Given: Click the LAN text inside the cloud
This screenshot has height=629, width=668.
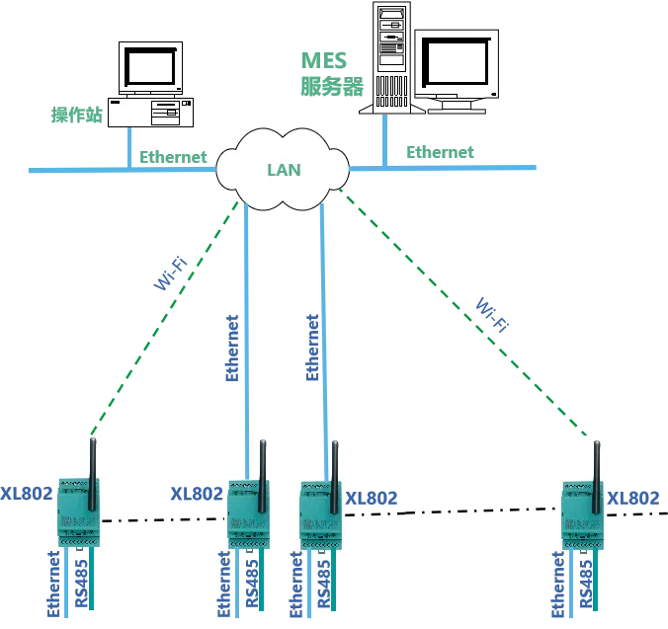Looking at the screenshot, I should pos(284,169).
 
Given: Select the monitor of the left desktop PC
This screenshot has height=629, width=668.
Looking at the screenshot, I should pos(149,68).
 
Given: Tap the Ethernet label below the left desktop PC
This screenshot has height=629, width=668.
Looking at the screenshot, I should pos(173,157).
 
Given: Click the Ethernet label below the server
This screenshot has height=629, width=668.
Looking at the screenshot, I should pos(438,151).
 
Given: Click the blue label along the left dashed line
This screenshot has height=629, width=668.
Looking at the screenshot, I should pos(171,273).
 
